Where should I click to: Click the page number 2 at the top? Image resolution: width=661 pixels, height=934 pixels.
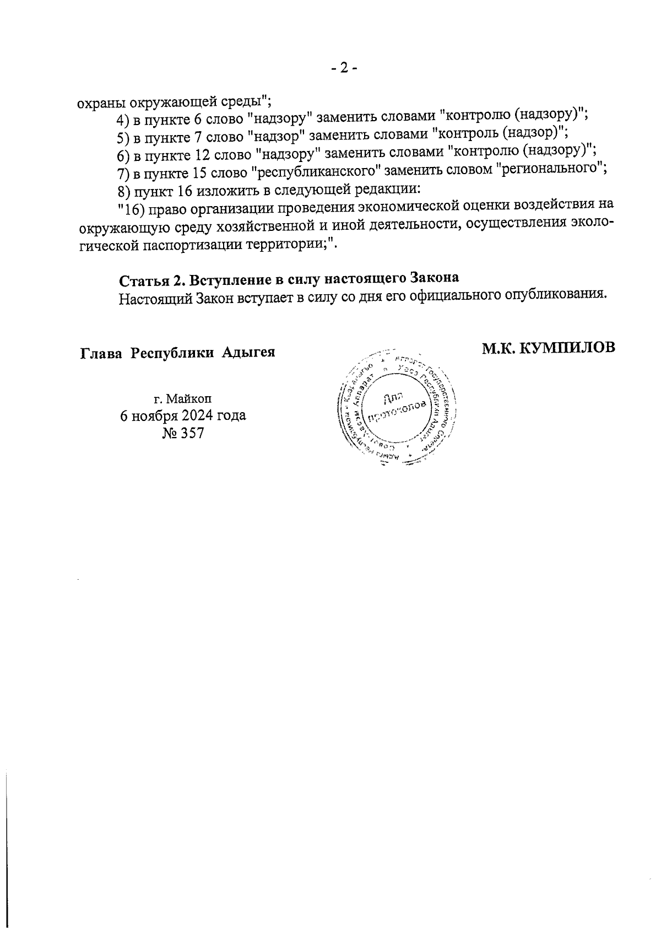point(344,68)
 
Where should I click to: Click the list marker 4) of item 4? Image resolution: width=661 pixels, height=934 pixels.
point(123,120)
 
